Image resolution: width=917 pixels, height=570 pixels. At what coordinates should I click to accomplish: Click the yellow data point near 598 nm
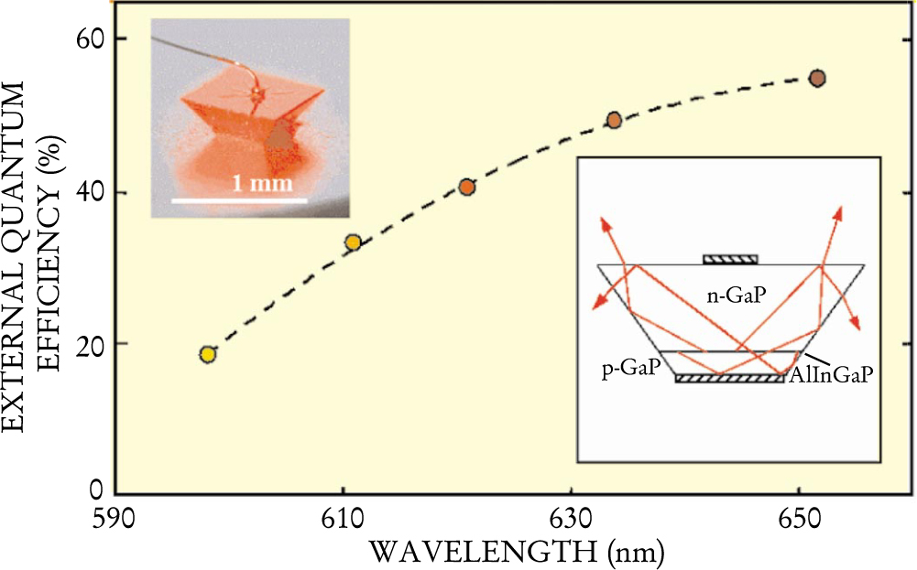click(x=208, y=354)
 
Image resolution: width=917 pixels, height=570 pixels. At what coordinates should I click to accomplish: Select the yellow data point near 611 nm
click(x=353, y=242)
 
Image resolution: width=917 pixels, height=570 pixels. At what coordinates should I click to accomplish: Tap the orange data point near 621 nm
click(x=467, y=187)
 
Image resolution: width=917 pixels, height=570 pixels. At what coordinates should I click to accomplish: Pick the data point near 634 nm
click(x=615, y=120)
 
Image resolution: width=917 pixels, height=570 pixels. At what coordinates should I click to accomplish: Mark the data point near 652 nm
click(x=818, y=78)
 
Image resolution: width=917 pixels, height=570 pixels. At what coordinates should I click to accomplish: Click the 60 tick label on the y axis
click(x=87, y=39)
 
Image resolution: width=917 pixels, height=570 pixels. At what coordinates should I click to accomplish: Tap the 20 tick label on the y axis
click(x=87, y=344)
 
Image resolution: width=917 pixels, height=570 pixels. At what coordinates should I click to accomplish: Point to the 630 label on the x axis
click(x=571, y=528)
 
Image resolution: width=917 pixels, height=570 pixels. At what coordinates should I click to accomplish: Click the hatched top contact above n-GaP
click(x=730, y=260)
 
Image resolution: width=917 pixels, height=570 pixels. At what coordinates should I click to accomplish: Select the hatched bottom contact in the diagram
click(x=730, y=378)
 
